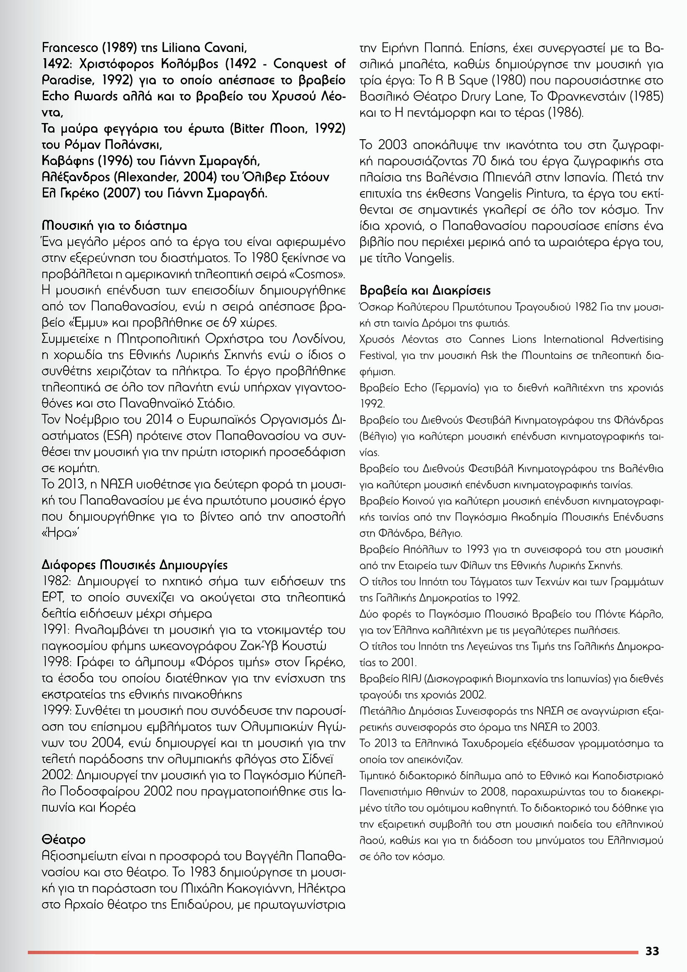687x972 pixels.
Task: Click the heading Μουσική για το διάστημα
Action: (114, 226)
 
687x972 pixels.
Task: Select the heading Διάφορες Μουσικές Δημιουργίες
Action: (135, 565)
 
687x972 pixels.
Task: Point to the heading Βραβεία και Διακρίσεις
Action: (425, 291)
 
